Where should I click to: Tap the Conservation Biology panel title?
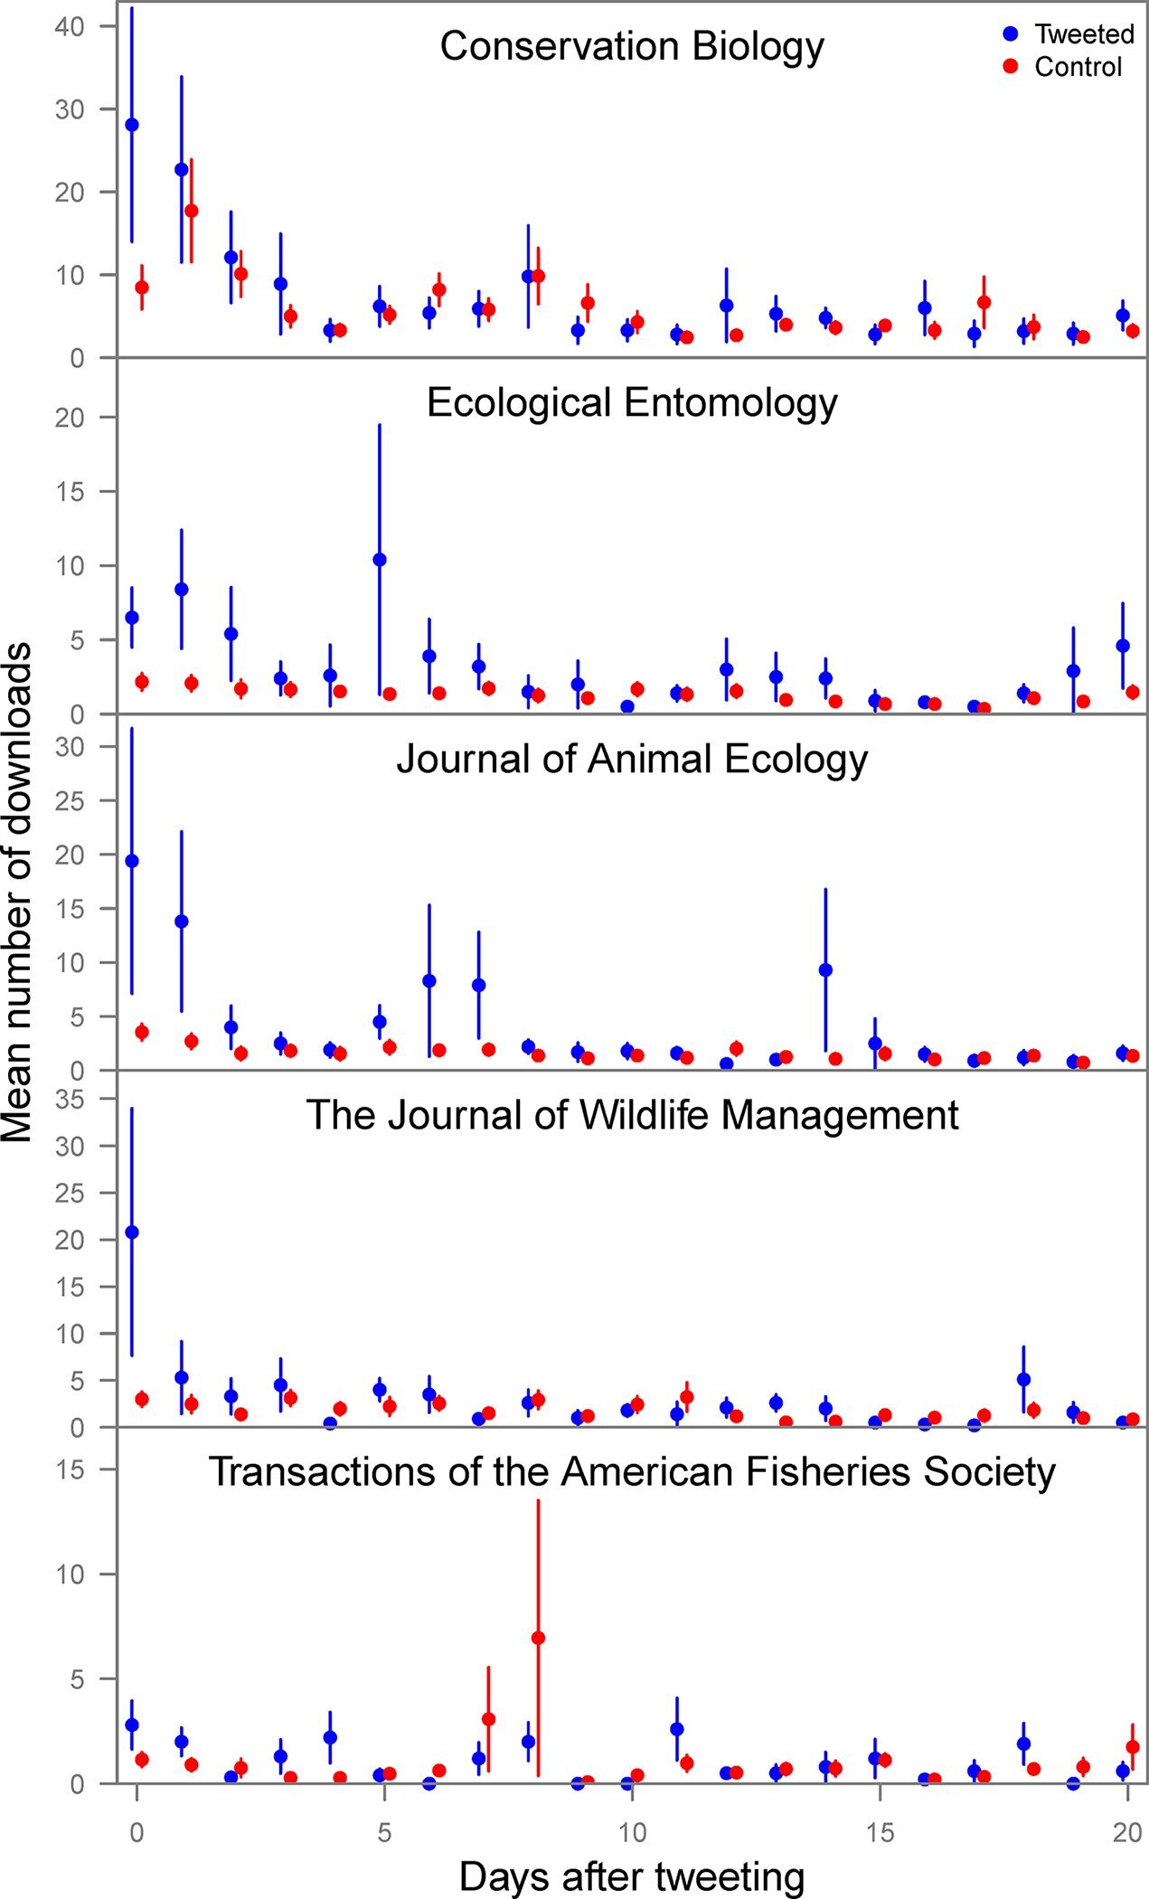(x=632, y=46)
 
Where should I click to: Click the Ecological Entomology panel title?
(x=632, y=402)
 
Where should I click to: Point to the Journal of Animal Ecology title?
(x=632, y=759)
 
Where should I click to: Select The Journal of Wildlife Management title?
(x=632, y=1115)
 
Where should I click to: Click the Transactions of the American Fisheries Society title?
(x=632, y=1471)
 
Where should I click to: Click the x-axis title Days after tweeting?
(x=631, y=1876)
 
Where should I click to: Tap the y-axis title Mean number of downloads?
(x=18, y=893)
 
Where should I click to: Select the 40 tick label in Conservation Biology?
(x=70, y=27)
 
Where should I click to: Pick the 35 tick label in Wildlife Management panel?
(x=70, y=1099)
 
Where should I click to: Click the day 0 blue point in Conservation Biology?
(x=132, y=125)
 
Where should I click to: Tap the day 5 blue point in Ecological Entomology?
(x=380, y=560)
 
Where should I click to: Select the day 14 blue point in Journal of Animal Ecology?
(x=825, y=970)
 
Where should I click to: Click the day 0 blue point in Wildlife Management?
(x=132, y=1232)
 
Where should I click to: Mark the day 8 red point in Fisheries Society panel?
(x=538, y=1638)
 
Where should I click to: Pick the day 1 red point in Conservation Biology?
(x=191, y=211)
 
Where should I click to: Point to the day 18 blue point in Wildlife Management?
(x=1023, y=1379)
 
